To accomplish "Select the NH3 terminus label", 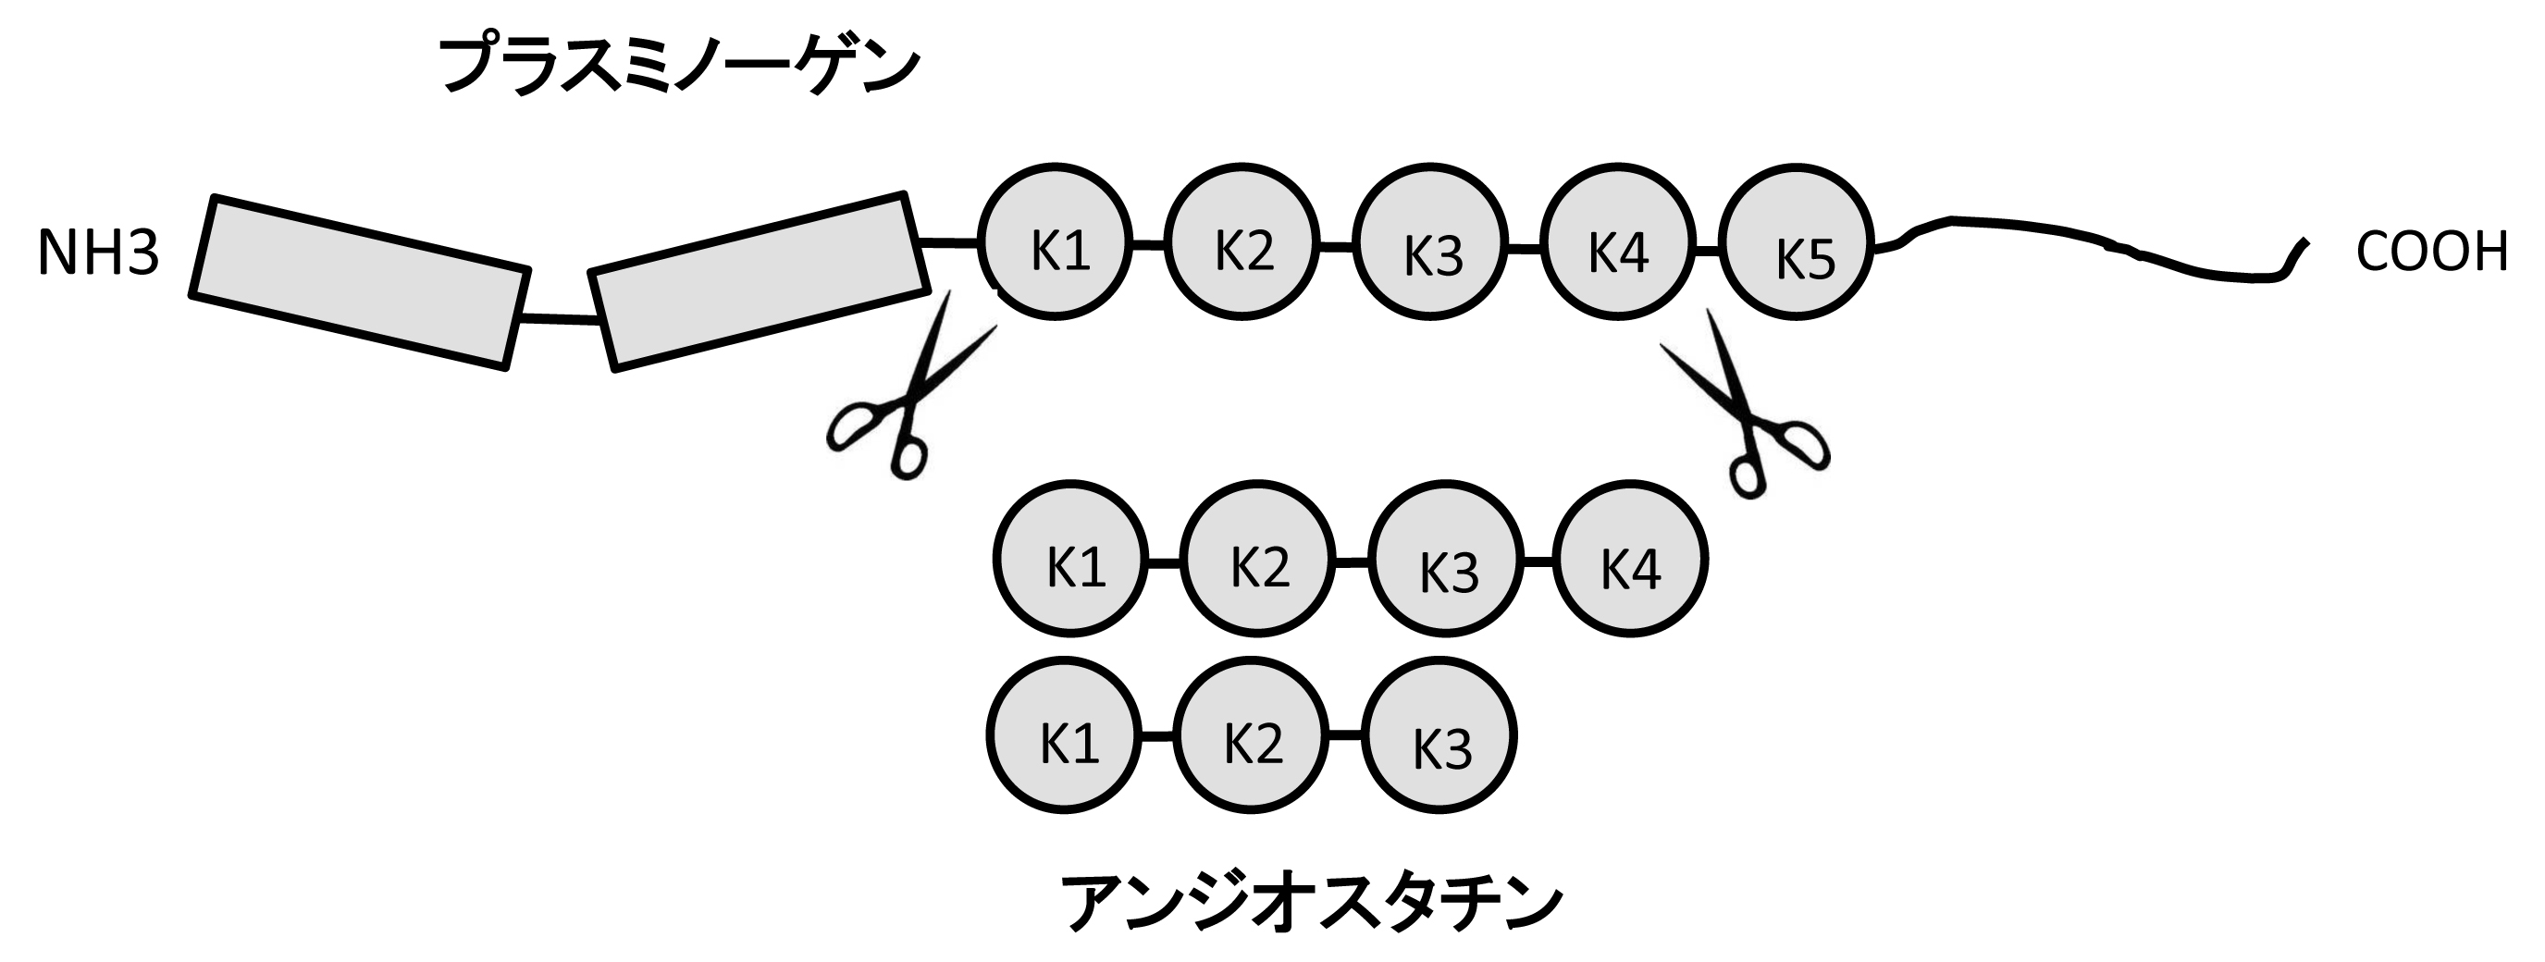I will [98, 253].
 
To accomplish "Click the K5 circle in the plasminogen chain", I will [1797, 242].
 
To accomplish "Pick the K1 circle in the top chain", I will [1056, 242].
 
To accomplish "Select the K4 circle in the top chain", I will [1617, 242].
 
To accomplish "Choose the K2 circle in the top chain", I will [1242, 242].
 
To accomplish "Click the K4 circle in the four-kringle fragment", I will [1630, 559].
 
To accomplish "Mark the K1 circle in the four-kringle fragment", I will [1071, 559].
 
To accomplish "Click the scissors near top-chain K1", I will [904, 395].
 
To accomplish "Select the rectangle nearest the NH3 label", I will [360, 283].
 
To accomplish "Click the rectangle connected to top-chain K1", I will [759, 281].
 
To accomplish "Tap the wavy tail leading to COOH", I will [2094, 244].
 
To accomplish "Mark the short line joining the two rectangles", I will [558, 319].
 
